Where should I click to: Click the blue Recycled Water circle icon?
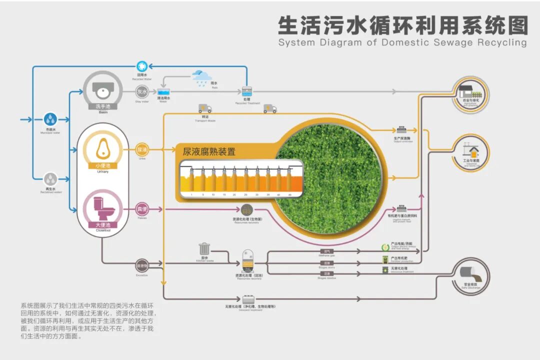coord(142,66)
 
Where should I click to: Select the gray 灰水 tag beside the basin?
coord(142,92)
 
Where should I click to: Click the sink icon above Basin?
coord(102,90)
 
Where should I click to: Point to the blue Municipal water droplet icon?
coord(50,119)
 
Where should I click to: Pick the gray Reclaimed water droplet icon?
coord(50,178)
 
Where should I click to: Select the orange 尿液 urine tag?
coord(142,149)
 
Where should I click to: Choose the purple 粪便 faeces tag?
coord(142,209)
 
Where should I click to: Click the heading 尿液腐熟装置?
coord(209,151)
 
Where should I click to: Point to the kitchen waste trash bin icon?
coord(204,248)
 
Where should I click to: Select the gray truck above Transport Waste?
coord(205,108)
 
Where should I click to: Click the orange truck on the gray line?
coord(270,108)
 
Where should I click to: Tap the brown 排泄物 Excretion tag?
coord(142,265)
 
